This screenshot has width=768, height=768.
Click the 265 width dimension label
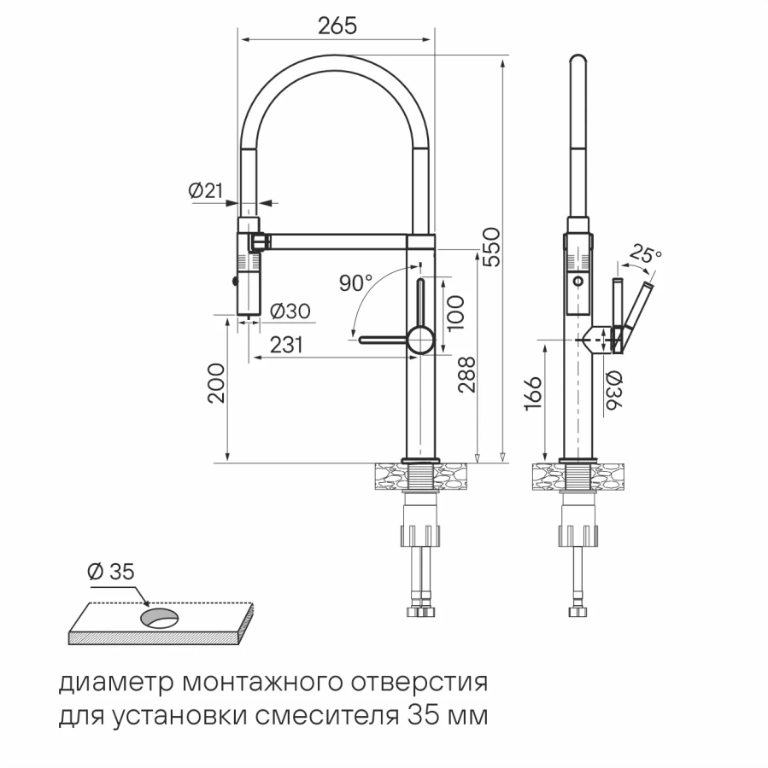[337, 26]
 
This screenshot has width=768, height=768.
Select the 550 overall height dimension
[490, 247]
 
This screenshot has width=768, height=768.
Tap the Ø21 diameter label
[205, 191]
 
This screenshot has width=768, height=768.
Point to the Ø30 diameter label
[290, 312]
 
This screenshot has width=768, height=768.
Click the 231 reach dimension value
[288, 345]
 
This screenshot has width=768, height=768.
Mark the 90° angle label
[355, 283]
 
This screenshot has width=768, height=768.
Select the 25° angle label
[645, 253]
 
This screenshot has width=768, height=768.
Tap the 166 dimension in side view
[531, 395]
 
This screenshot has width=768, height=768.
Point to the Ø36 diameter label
[614, 393]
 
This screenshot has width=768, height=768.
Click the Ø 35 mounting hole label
[111, 573]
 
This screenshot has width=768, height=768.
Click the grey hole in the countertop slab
[159, 617]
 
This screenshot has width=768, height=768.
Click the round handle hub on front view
[419, 339]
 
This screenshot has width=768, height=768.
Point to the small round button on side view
[578, 282]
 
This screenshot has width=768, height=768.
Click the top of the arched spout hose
[337, 60]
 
